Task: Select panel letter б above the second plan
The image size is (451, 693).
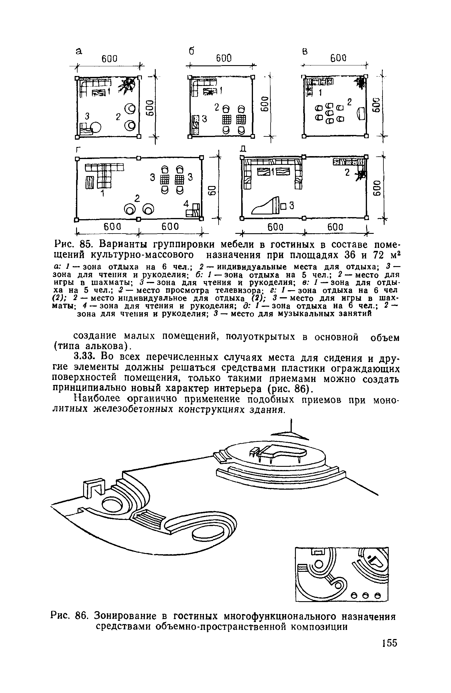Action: tap(191, 51)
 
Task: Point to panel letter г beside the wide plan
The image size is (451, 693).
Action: tap(78, 150)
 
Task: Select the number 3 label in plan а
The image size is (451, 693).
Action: tap(87, 116)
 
